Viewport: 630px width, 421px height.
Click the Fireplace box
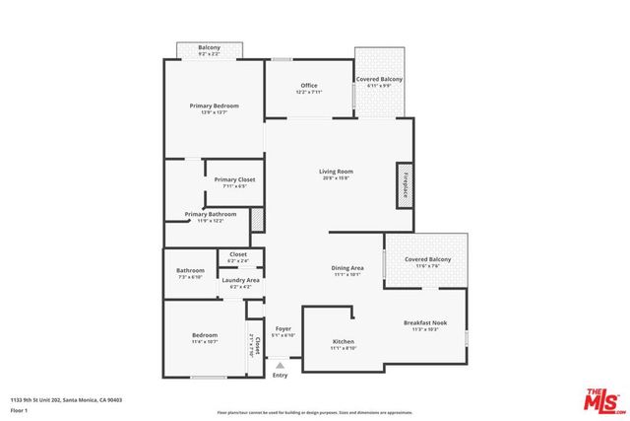(404, 184)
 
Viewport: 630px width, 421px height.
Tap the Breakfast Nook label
(426, 326)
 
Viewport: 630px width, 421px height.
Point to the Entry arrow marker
(280, 365)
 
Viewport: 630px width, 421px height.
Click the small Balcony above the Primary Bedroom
(209, 50)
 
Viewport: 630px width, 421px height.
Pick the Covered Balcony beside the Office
(379, 82)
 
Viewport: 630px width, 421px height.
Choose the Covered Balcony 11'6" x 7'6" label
(427, 262)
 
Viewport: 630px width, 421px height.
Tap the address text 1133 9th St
(64, 398)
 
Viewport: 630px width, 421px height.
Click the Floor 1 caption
(19, 409)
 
